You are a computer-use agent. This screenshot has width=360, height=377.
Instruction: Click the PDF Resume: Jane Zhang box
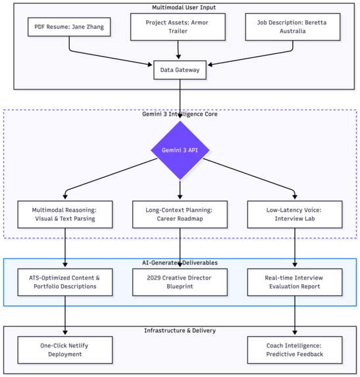(x=69, y=27)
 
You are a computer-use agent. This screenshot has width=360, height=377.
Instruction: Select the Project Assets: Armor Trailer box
(x=178, y=27)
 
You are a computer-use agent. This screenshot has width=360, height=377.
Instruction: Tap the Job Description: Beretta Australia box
(x=293, y=27)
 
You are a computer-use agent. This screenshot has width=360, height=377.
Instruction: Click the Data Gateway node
(x=180, y=70)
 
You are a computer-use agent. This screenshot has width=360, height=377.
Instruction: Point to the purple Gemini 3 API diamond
(x=180, y=150)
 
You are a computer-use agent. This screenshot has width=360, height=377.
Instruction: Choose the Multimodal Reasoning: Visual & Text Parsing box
(x=65, y=214)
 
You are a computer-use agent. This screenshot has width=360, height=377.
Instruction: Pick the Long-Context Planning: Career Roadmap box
(x=180, y=214)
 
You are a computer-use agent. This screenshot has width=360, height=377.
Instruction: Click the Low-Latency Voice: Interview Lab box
(x=295, y=214)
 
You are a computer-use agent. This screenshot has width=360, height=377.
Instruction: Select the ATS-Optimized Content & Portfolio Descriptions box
(x=65, y=282)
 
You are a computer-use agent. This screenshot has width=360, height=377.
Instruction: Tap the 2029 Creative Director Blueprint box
(x=180, y=282)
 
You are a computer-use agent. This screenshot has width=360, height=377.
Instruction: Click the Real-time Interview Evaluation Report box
(x=295, y=282)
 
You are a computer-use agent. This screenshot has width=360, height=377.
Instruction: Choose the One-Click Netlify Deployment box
(x=65, y=350)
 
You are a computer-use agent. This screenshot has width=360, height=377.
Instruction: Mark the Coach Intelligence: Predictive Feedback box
(x=295, y=350)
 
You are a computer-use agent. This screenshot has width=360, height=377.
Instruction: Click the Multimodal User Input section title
(x=184, y=7)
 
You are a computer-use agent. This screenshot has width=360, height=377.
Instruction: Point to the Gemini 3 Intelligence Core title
(x=180, y=114)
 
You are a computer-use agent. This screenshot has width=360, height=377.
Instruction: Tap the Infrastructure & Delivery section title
(x=180, y=330)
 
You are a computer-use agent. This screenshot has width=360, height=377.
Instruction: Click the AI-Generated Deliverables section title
(x=180, y=263)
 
